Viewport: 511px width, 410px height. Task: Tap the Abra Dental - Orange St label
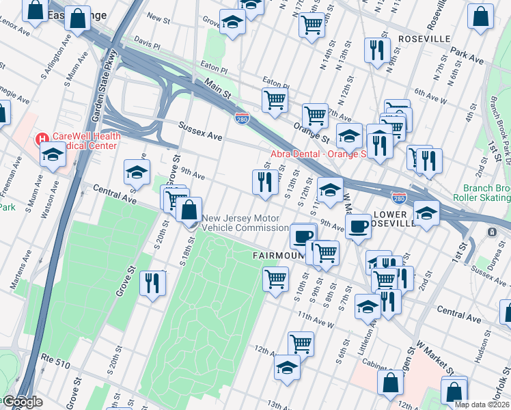point(318,154)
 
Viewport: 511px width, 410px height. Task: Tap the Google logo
point(22,402)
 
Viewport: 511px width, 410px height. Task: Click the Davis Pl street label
point(146,42)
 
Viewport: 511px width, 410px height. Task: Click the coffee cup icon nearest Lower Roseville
point(357,225)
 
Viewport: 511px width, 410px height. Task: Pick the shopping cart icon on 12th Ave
point(301,343)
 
